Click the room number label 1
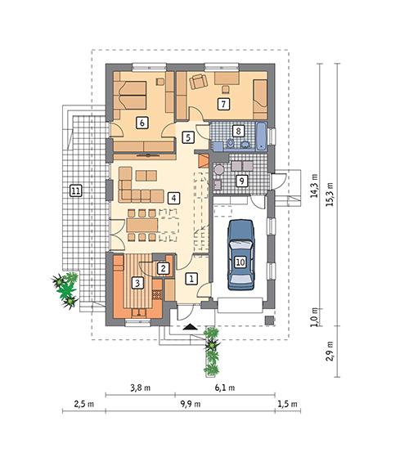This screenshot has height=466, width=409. coord(191,279)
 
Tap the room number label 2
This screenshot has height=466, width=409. coord(163,267)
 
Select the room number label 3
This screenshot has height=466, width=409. coord(138,284)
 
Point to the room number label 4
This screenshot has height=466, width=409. coord(173,197)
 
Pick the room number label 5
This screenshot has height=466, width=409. coord(188,137)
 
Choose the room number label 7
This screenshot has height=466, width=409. coord(222,104)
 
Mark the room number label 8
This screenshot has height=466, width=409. coord(238,130)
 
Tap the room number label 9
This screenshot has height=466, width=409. coord(241,181)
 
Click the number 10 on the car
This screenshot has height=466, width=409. coord(240,262)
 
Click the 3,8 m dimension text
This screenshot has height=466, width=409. coord(141,388)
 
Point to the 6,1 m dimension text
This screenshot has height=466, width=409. coord(224,388)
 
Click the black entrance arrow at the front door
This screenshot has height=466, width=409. coord(190,327)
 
